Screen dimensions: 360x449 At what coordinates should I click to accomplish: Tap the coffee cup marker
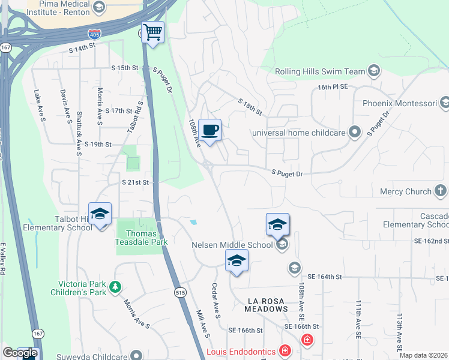pos(209,130)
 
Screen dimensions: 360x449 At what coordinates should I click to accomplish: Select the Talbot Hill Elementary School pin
pos(100,214)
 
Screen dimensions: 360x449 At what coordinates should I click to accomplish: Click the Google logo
pos(19,353)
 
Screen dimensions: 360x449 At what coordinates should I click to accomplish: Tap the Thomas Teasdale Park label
pos(142,238)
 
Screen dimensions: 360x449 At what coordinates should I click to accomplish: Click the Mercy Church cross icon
pos(441,191)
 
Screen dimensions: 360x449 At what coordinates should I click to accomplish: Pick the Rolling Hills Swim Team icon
pos(374,71)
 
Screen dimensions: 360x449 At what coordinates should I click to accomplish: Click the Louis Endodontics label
pos(241,352)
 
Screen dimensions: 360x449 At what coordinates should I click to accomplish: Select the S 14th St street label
pos(82,46)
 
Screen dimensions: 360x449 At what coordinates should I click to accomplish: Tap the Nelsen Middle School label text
pos(232,245)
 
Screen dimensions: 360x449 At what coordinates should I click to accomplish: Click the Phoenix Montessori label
pos(400,103)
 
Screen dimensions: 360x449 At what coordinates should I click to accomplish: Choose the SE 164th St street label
pos(324,277)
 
